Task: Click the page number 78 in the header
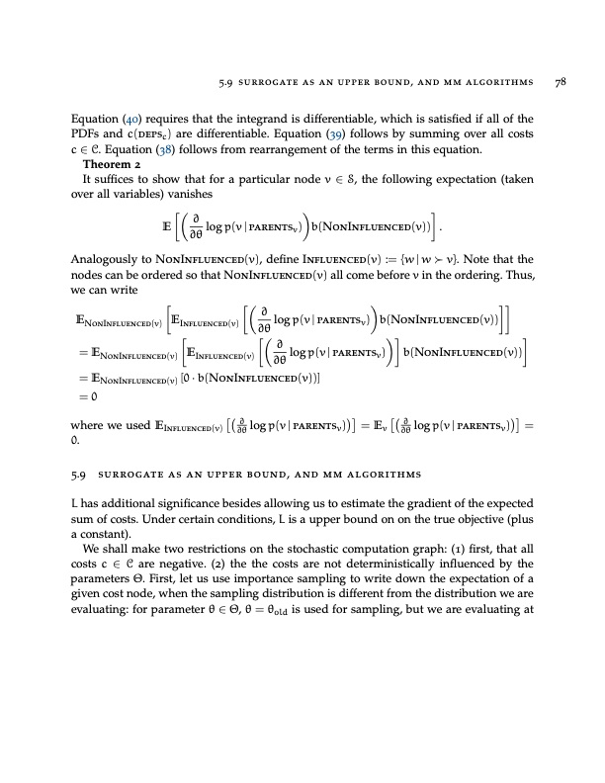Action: tap(559, 83)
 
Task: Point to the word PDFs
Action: tap(87, 135)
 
